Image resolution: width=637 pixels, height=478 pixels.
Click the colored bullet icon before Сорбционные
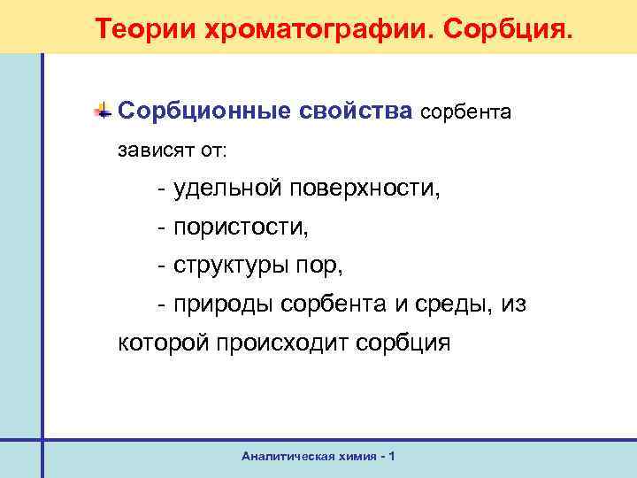click(x=104, y=112)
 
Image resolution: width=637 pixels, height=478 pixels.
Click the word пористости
click(x=242, y=227)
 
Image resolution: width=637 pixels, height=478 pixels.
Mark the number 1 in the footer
click(x=392, y=456)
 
